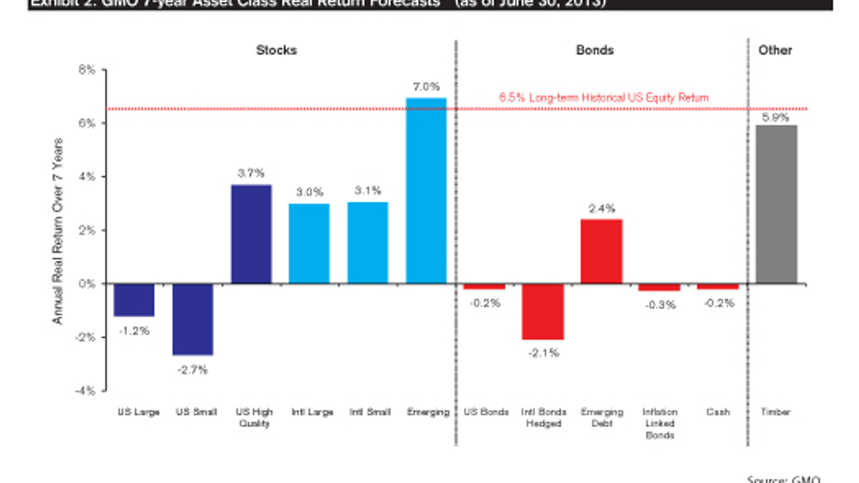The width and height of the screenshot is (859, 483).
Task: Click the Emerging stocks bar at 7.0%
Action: point(426,190)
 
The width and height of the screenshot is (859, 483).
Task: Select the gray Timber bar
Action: point(777,204)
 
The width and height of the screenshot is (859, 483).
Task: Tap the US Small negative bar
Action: point(192,319)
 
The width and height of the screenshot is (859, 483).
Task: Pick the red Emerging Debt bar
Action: point(601,251)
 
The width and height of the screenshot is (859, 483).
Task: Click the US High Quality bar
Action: point(251,234)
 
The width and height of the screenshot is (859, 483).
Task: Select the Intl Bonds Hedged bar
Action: point(543,311)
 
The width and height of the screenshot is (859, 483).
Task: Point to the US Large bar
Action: point(134,300)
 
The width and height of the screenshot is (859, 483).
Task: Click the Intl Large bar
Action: point(309,243)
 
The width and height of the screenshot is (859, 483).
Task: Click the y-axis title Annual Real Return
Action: point(58,230)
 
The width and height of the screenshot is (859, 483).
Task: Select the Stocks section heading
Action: point(277,50)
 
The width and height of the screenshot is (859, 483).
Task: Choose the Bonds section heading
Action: point(594,50)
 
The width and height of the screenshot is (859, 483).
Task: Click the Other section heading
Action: point(776,50)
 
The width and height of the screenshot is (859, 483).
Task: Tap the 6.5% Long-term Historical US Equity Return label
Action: point(604,97)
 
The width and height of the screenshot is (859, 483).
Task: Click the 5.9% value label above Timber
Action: point(776,118)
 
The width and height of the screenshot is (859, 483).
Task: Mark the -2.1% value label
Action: point(543,352)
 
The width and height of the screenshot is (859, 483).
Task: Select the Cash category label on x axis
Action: point(718,412)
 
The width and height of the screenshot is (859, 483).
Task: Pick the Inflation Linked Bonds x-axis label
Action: point(659,423)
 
